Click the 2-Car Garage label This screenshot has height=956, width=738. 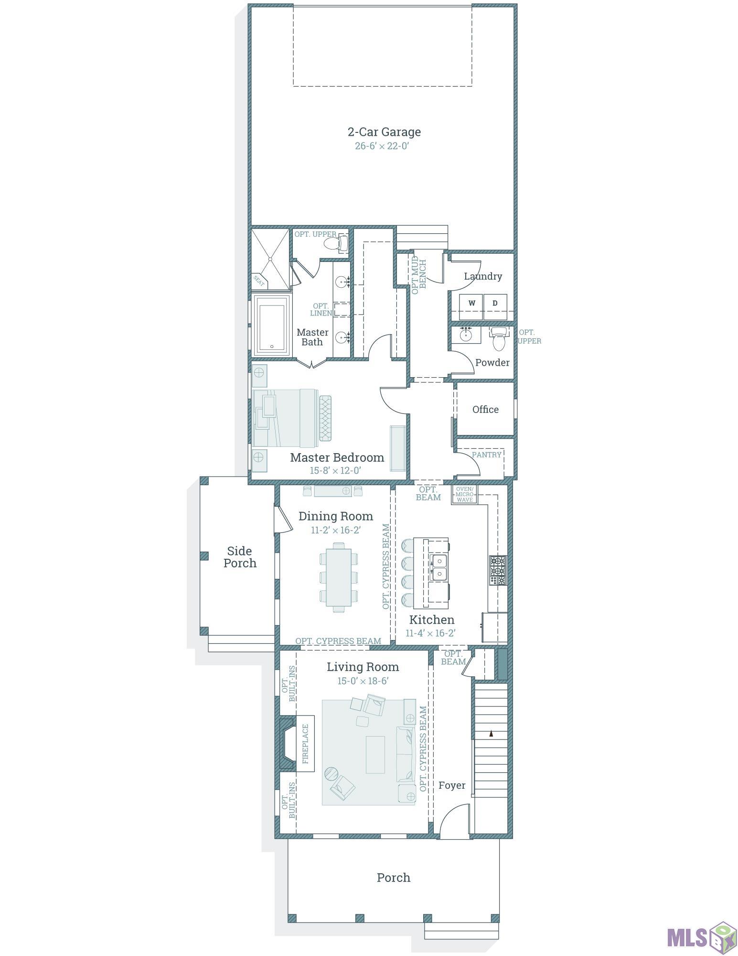384,132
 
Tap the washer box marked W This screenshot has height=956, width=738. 471,303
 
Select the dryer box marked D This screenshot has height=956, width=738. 495,303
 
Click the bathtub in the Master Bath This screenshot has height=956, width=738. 272,325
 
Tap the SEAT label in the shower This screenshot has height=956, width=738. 258,281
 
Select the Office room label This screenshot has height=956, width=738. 485,410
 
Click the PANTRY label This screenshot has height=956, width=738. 487,455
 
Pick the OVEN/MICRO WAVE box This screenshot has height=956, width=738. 464,494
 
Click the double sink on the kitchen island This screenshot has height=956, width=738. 439,567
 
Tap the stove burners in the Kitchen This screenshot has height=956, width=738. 498,571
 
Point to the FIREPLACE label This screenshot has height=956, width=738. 305,743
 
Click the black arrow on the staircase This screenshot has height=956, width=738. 491,733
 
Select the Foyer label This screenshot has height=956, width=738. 452,785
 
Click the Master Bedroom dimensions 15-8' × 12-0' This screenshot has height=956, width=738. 335,470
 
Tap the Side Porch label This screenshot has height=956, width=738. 240,557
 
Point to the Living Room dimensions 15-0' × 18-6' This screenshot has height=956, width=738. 363,681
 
